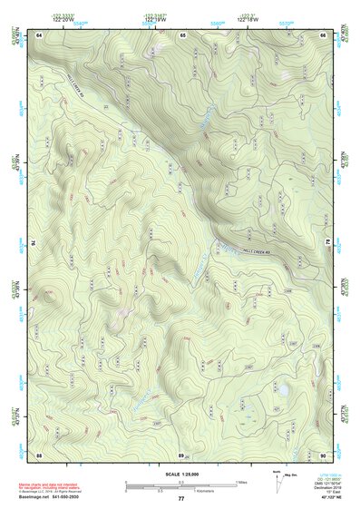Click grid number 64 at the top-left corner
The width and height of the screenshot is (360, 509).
[39, 34]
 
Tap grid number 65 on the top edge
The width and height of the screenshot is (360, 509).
[182, 34]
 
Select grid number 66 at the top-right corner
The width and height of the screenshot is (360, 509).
[323, 34]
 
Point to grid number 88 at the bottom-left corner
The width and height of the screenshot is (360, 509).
[39, 454]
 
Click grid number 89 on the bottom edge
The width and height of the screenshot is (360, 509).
[180, 454]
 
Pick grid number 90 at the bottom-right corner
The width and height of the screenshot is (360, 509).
[323, 454]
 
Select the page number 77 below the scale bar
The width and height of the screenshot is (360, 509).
[180, 499]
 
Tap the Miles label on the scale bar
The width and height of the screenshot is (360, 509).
[241, 481]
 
